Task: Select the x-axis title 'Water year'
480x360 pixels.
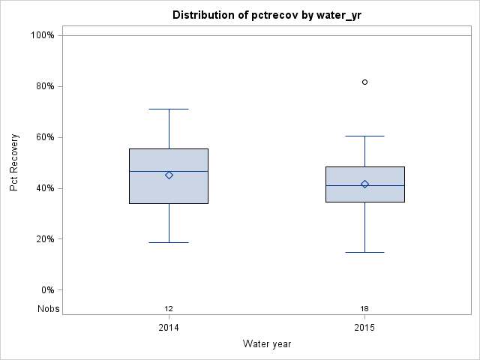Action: [266, 343]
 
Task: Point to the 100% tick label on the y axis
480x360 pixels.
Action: [42, 35]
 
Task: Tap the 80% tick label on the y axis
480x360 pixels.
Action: [44, 86]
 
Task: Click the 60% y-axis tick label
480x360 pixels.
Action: [44, 137]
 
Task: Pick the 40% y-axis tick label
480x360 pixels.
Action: [44, 188]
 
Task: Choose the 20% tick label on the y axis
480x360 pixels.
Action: [44, 239]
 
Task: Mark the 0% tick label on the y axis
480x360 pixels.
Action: [46, 290]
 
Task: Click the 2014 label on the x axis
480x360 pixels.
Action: [169, 328]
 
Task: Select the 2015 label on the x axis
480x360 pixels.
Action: [364, 328]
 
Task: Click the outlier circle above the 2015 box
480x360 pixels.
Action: [365, 82]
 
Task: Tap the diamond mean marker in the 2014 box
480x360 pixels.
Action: [169, 175]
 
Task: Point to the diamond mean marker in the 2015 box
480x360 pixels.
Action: [365, 184]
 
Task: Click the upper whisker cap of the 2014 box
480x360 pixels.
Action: [169, 109]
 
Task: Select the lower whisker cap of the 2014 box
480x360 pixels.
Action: [169, 242]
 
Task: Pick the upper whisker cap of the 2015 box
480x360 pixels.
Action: [365, 136]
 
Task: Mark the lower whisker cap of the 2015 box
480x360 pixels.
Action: [365, 252]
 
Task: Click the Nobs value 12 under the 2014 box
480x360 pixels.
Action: [169, 308]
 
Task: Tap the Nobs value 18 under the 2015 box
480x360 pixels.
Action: [364, 308]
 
